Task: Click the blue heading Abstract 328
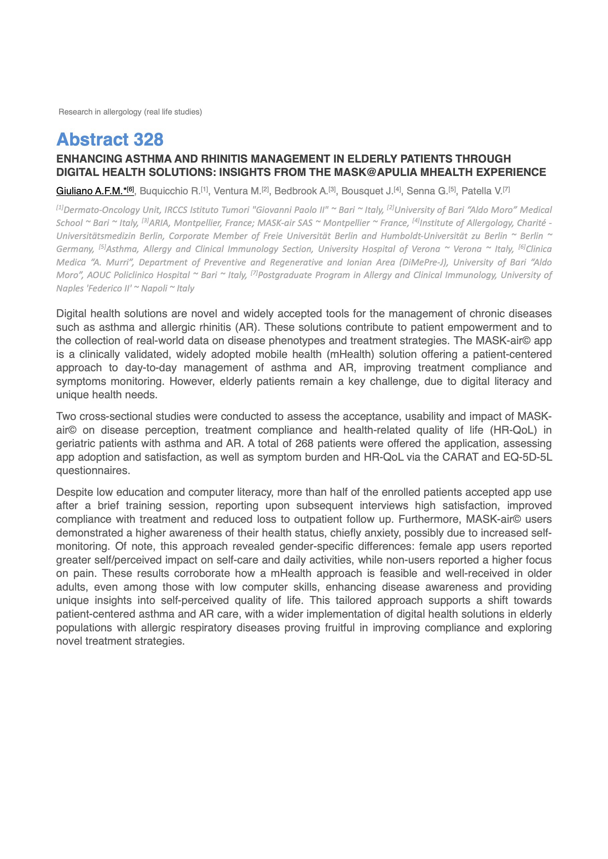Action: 110,140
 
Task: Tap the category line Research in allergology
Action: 130,112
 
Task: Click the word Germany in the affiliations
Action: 75,249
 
